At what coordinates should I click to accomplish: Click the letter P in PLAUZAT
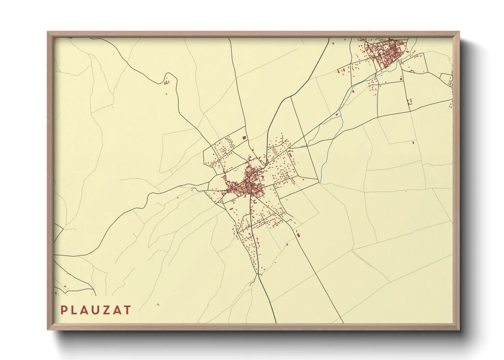[63, 310]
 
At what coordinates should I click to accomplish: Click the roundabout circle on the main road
[266, 164]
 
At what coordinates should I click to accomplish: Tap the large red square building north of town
[244, 137]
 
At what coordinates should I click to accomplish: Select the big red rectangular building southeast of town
[298, 235]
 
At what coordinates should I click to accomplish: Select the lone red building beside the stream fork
[337, 114]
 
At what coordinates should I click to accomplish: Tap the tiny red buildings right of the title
[158, 305]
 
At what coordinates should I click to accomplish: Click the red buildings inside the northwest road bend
[167, 82]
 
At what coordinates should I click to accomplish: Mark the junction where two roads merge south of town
[258, 274]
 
